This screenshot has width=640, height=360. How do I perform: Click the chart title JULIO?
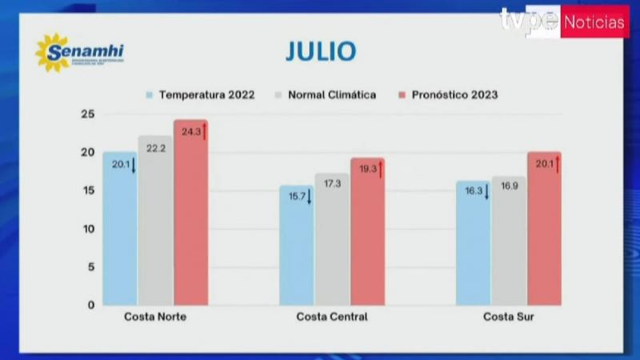pos(320,51)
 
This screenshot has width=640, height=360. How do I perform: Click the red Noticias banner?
pos(594,22)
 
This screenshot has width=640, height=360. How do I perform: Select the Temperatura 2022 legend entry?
pos(201,94)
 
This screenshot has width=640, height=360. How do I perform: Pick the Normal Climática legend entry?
pos(326,94)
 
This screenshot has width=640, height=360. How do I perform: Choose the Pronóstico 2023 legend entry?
pos(448,94)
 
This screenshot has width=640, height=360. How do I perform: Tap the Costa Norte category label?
pos(155,317)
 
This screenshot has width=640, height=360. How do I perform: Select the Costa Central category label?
pos(332,317)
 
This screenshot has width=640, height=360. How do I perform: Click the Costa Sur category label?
pos(508,317)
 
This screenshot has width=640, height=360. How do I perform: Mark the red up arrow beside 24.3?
pos(205,131)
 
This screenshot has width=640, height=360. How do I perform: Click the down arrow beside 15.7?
pos(310,197)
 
